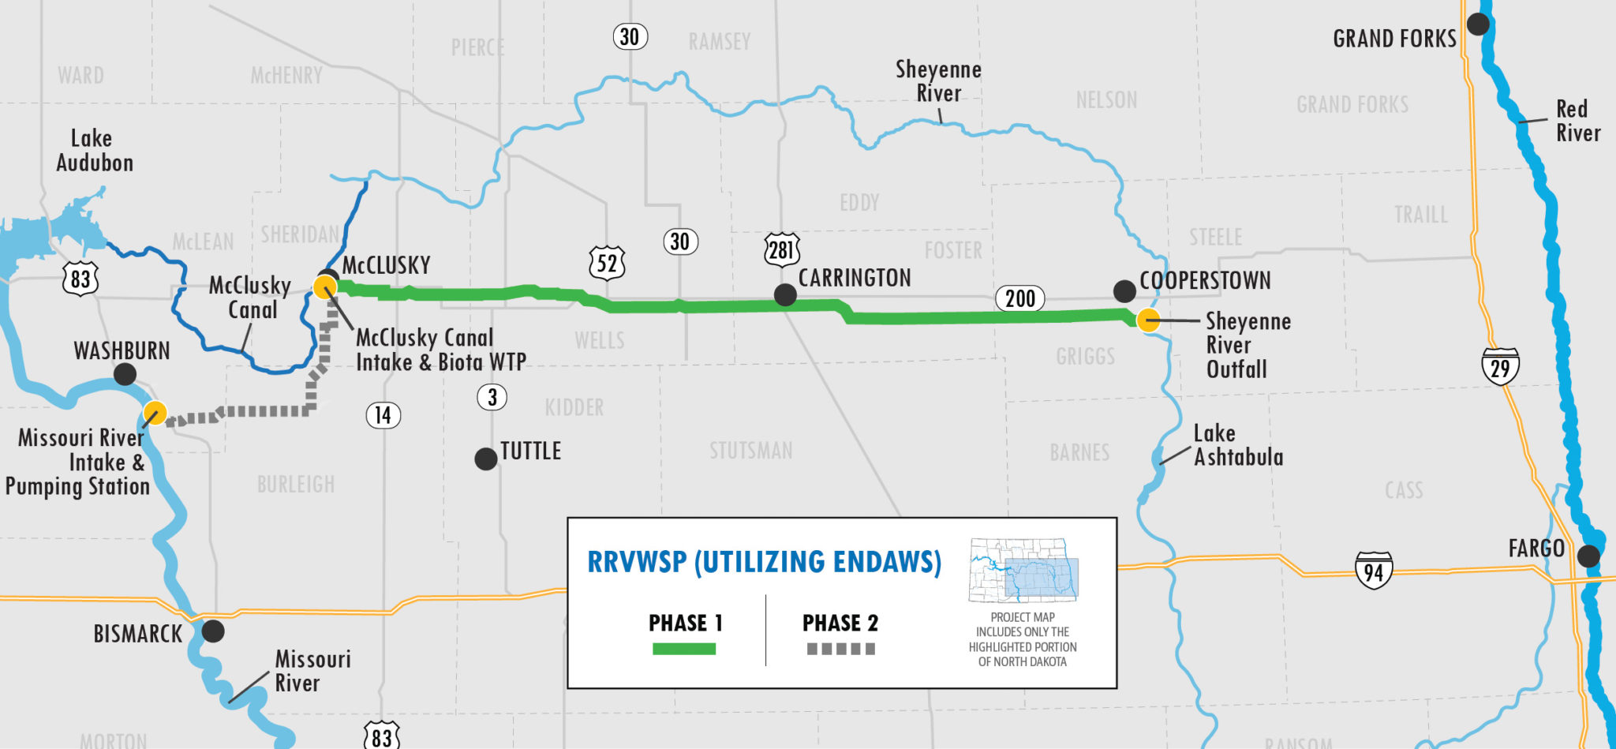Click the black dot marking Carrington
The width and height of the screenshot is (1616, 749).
(785, 295)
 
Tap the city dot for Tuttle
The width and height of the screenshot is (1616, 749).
(486, 459)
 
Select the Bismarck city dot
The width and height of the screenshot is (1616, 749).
(213, 631)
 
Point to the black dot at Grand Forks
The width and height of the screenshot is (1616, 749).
(1478, 24)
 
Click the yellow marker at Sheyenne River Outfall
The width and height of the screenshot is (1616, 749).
(1148, 320)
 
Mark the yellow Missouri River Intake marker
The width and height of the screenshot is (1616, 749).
(155, 413)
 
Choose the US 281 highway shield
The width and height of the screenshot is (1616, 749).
(781, 250)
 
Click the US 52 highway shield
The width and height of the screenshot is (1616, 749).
(607, 263)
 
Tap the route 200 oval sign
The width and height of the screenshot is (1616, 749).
(1019, 298)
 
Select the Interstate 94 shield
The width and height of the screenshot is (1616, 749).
(1373, 571)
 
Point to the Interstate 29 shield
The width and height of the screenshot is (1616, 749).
(1500, 367)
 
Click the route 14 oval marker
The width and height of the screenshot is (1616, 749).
(383, 415)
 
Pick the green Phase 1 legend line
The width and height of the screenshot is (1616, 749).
(683, 649)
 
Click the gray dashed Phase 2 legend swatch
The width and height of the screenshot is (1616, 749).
(840, 649)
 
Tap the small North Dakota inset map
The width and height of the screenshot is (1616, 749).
(1023, 571)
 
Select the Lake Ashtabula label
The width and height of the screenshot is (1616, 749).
(1237, 445)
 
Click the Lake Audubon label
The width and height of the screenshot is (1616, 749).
(94, 151)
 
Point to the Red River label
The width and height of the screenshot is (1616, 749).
(1577, 121)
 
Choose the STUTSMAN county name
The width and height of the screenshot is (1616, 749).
(750, 451)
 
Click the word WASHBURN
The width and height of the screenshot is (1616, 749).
(122, 350)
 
